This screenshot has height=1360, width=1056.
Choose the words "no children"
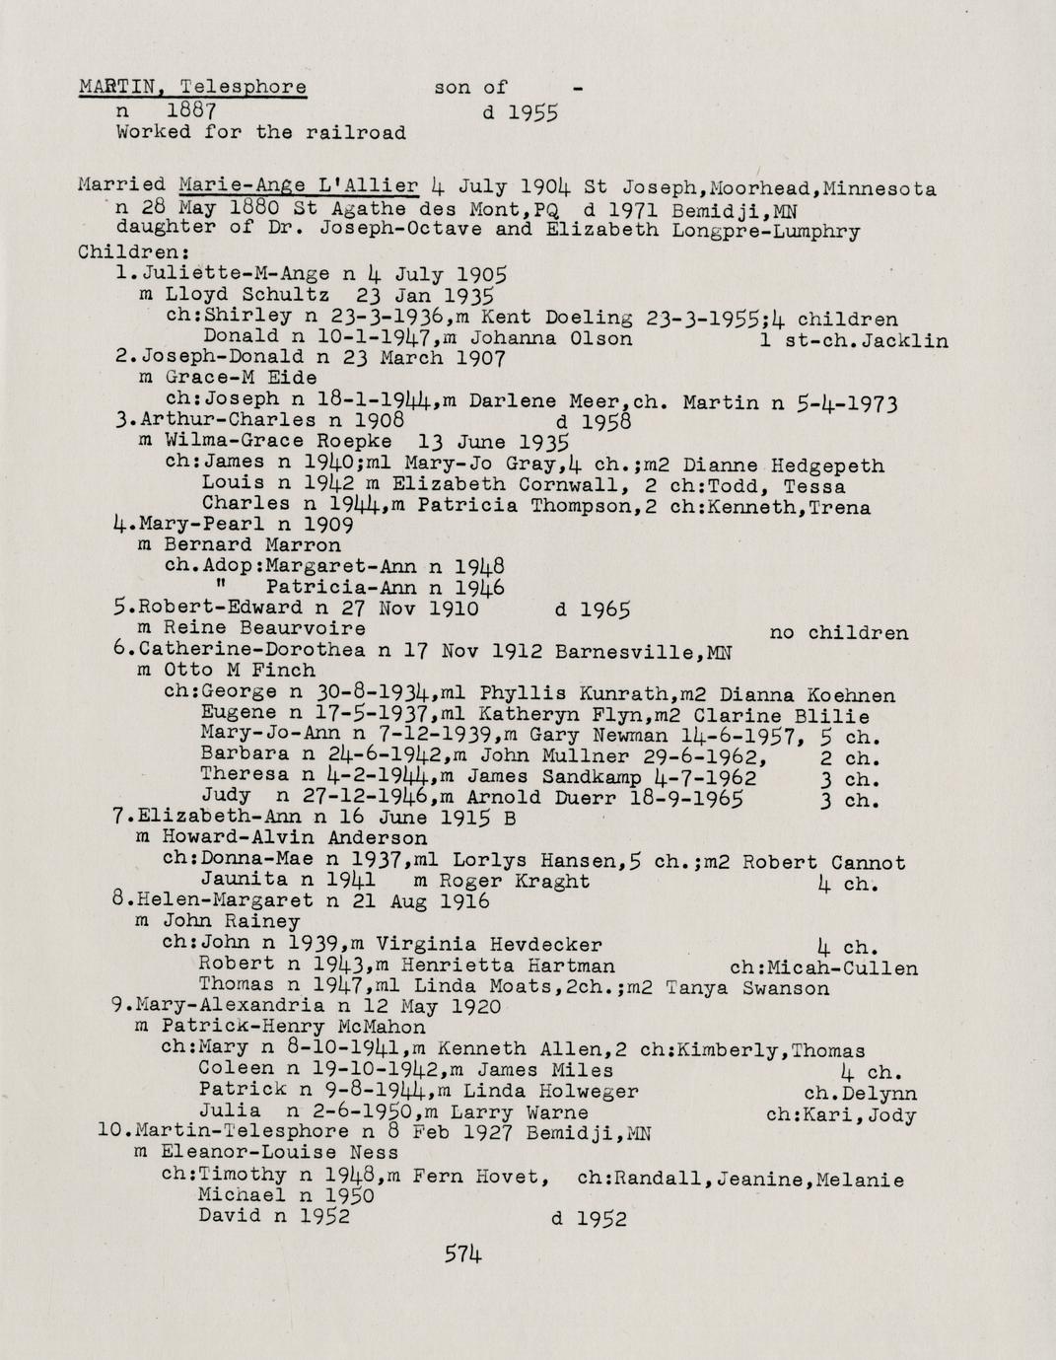[x=838, y=632]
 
